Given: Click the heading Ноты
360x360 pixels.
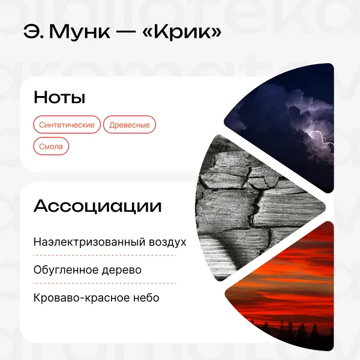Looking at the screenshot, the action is tap(59, 97).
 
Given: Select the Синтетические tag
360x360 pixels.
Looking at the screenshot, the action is tap(67, 125).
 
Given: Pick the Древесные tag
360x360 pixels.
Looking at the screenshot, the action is tap(130, 125).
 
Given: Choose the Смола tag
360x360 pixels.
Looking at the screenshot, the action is tap(51, 146).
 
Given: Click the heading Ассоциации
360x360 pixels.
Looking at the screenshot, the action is tap(98, 206).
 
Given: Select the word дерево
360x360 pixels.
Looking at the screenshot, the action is tap(122, 270).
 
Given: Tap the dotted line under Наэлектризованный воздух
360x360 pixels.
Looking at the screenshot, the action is tap(104, 256).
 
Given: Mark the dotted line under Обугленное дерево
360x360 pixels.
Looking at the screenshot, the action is tap(104, 283).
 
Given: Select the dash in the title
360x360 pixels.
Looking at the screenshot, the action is tap(126, 33).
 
